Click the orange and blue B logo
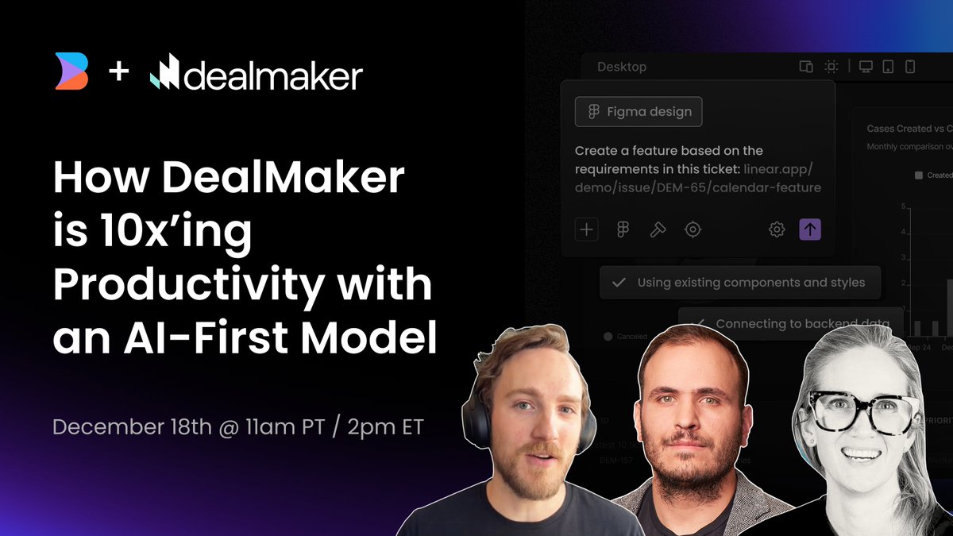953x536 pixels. pyautogui.click(x=71, y=71)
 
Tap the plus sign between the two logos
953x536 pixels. pyautogui.click(x=118, y=73)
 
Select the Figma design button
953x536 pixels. pyautogui.click(x=639, y=112)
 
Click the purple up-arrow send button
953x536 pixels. pyautogui.click(x=809, y=229)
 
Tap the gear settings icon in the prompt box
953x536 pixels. pyautogui.click(x=777, y=229)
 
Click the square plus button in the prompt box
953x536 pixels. pyautogui.click(x=586, y=229)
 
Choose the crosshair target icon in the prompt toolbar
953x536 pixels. pyautogui.click(x=693, y=229)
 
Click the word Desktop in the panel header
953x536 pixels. pyautogui.click(x=622, y=67)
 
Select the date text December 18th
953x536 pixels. pyautogui.click(x=132, y=426)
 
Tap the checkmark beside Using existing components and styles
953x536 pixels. pyautogui.click(x=619, y=282)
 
